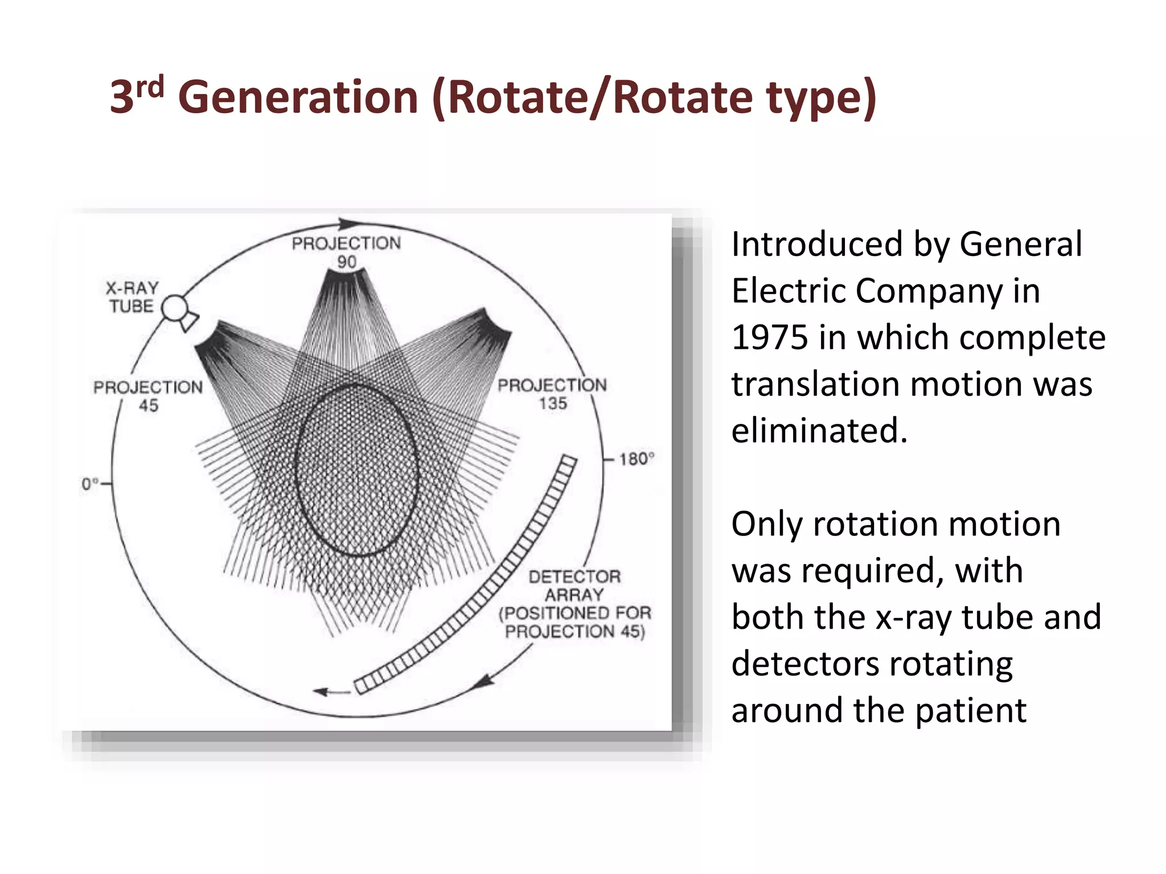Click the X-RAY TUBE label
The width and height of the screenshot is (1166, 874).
coord(132,297)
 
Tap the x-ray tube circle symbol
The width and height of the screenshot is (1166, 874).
coord(175,308)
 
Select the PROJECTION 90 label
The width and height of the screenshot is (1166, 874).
coord(346,252)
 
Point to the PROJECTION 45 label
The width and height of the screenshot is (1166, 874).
coord(148,396)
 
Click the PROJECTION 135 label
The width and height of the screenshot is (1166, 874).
coord(552,394)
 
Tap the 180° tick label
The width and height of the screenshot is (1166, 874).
coord(637,459)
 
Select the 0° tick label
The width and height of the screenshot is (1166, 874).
coord(89,484)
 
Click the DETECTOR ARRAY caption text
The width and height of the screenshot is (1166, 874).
coord(574,604)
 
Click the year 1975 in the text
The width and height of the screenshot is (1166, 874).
coord(769,337)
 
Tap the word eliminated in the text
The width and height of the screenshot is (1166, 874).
coord(819,430)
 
